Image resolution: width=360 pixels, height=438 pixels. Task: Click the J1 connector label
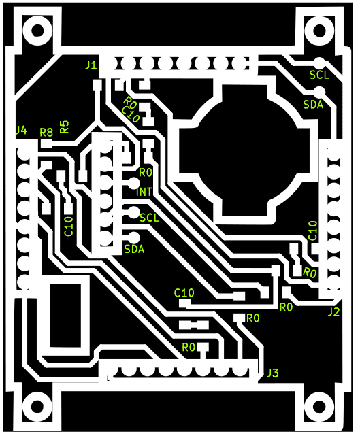pos(91,65)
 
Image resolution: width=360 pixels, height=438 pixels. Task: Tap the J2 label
pos(333,312)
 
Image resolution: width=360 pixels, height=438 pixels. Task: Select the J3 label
pos(272,373)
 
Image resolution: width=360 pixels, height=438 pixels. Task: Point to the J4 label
pos(21,130)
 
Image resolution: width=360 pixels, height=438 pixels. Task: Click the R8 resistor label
pos(46,132)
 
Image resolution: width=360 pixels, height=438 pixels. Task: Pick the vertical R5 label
pos(64,127)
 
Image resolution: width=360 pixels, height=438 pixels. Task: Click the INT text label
pos(144,192)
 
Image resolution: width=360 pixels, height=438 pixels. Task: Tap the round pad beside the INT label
pos(133,184)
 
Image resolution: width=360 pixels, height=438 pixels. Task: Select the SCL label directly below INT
pos(149,218)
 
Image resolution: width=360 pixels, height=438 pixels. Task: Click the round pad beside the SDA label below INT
pos(133,238)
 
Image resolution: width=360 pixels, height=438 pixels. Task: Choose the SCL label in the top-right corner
pos(319,75)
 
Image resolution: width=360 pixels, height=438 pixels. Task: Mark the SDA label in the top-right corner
pos(313,105)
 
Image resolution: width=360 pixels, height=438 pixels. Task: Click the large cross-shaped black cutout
pos(244,151)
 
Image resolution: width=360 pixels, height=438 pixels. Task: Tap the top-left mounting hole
pos(37,31)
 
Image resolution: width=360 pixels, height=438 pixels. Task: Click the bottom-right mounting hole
pos(319,407)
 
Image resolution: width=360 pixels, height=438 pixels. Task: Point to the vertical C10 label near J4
pos(69,226)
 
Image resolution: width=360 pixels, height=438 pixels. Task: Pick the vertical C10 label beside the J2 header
pos(313,231)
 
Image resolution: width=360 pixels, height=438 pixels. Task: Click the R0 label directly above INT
pos(146,173)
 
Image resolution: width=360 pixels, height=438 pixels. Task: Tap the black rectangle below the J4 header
pos(66,316)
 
